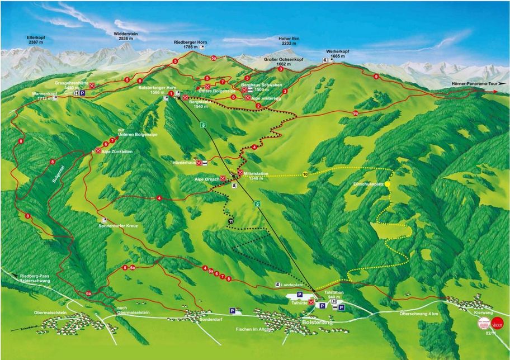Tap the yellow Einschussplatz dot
click(x=386, y=183)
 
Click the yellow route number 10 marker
click(x=305, y=174)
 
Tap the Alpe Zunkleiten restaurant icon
click(x=98, y=151)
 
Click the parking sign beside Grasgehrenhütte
click(x=82, y=94)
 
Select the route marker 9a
click(x=356, y=113)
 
